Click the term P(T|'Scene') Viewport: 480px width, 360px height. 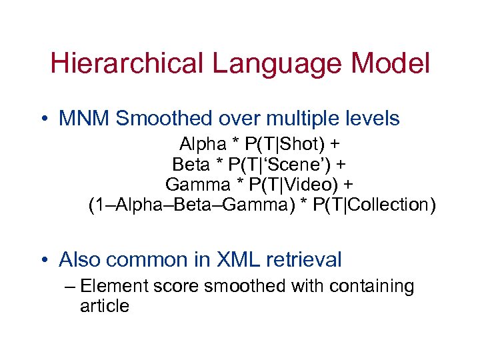287,164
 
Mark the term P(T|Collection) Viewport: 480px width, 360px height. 377,205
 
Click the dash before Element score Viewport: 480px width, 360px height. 72,287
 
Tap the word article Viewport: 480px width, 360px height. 104,307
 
